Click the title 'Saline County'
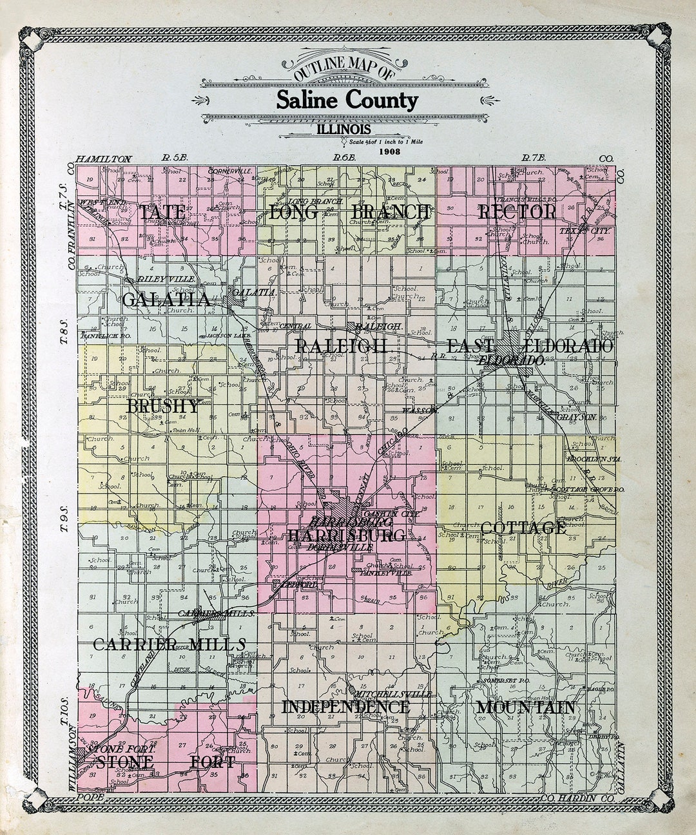(x=347, y=100)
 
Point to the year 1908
(x=391, y=152)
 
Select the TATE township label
(x=163, y=213)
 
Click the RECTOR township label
(x=517, y=212)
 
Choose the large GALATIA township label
(x=166, y=300)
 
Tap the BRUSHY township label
(x=162, y=407)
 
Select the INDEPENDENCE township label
(x=345, y=707)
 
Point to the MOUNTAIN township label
(x=525, y=707)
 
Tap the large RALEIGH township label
(x=342, y=346)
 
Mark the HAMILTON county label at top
(x=103, y=159)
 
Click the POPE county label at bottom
(x=86, y=797)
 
